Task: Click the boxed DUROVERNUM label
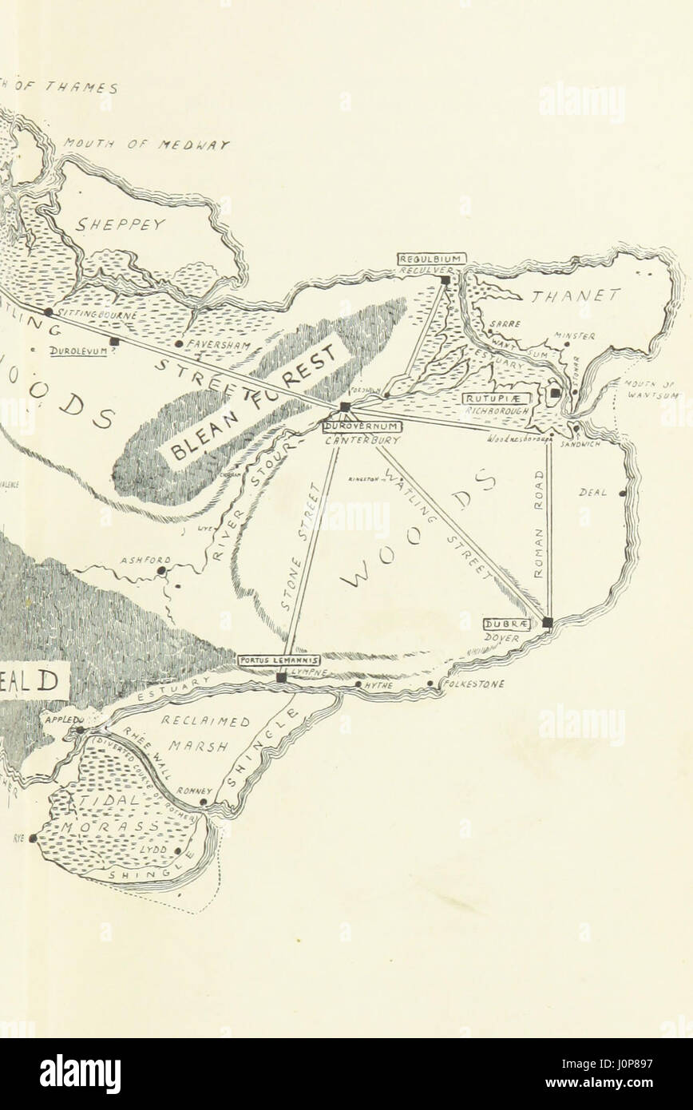click(355, 427)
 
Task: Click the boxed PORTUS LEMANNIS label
click(279, 660)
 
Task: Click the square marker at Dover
click(548, 622)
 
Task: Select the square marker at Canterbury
click(345, 407)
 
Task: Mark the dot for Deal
click(623, 494)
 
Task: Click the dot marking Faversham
click(179, 344)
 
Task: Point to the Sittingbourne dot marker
click(49, 311)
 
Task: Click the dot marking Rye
click(33, 838)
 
